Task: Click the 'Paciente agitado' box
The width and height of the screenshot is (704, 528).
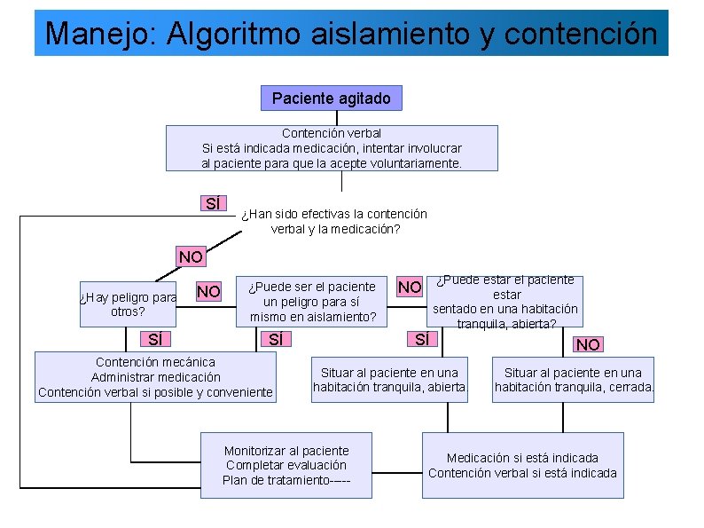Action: tap(331, 98)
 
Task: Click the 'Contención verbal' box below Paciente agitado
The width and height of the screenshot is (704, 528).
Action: tap(332, 148)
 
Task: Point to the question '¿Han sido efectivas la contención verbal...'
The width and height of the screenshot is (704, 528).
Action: tap(334, 221)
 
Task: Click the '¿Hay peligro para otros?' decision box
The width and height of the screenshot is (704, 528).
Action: tap(128, 304)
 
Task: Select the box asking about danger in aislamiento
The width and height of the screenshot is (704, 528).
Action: tap(312, 301)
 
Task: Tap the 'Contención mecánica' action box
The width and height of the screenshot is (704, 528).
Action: tap(155, 377)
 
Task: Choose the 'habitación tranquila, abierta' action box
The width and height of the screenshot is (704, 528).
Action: tap(389, 379)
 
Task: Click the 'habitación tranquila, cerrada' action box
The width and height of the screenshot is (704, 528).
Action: tap(574, 379)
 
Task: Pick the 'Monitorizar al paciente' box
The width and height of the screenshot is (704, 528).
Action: tap(286, 465)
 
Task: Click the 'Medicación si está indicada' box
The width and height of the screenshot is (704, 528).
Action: tap(522, 465)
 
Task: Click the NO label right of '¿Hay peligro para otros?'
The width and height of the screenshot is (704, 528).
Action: tap(208, 291)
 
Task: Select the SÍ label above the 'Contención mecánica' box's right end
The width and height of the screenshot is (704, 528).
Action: tap(276, 339)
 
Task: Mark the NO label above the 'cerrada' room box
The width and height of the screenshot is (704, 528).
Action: tap(588, 344)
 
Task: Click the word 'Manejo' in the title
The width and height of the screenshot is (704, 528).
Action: tap(82, 34)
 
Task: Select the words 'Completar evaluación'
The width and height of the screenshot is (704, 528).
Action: tap(286, 465)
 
